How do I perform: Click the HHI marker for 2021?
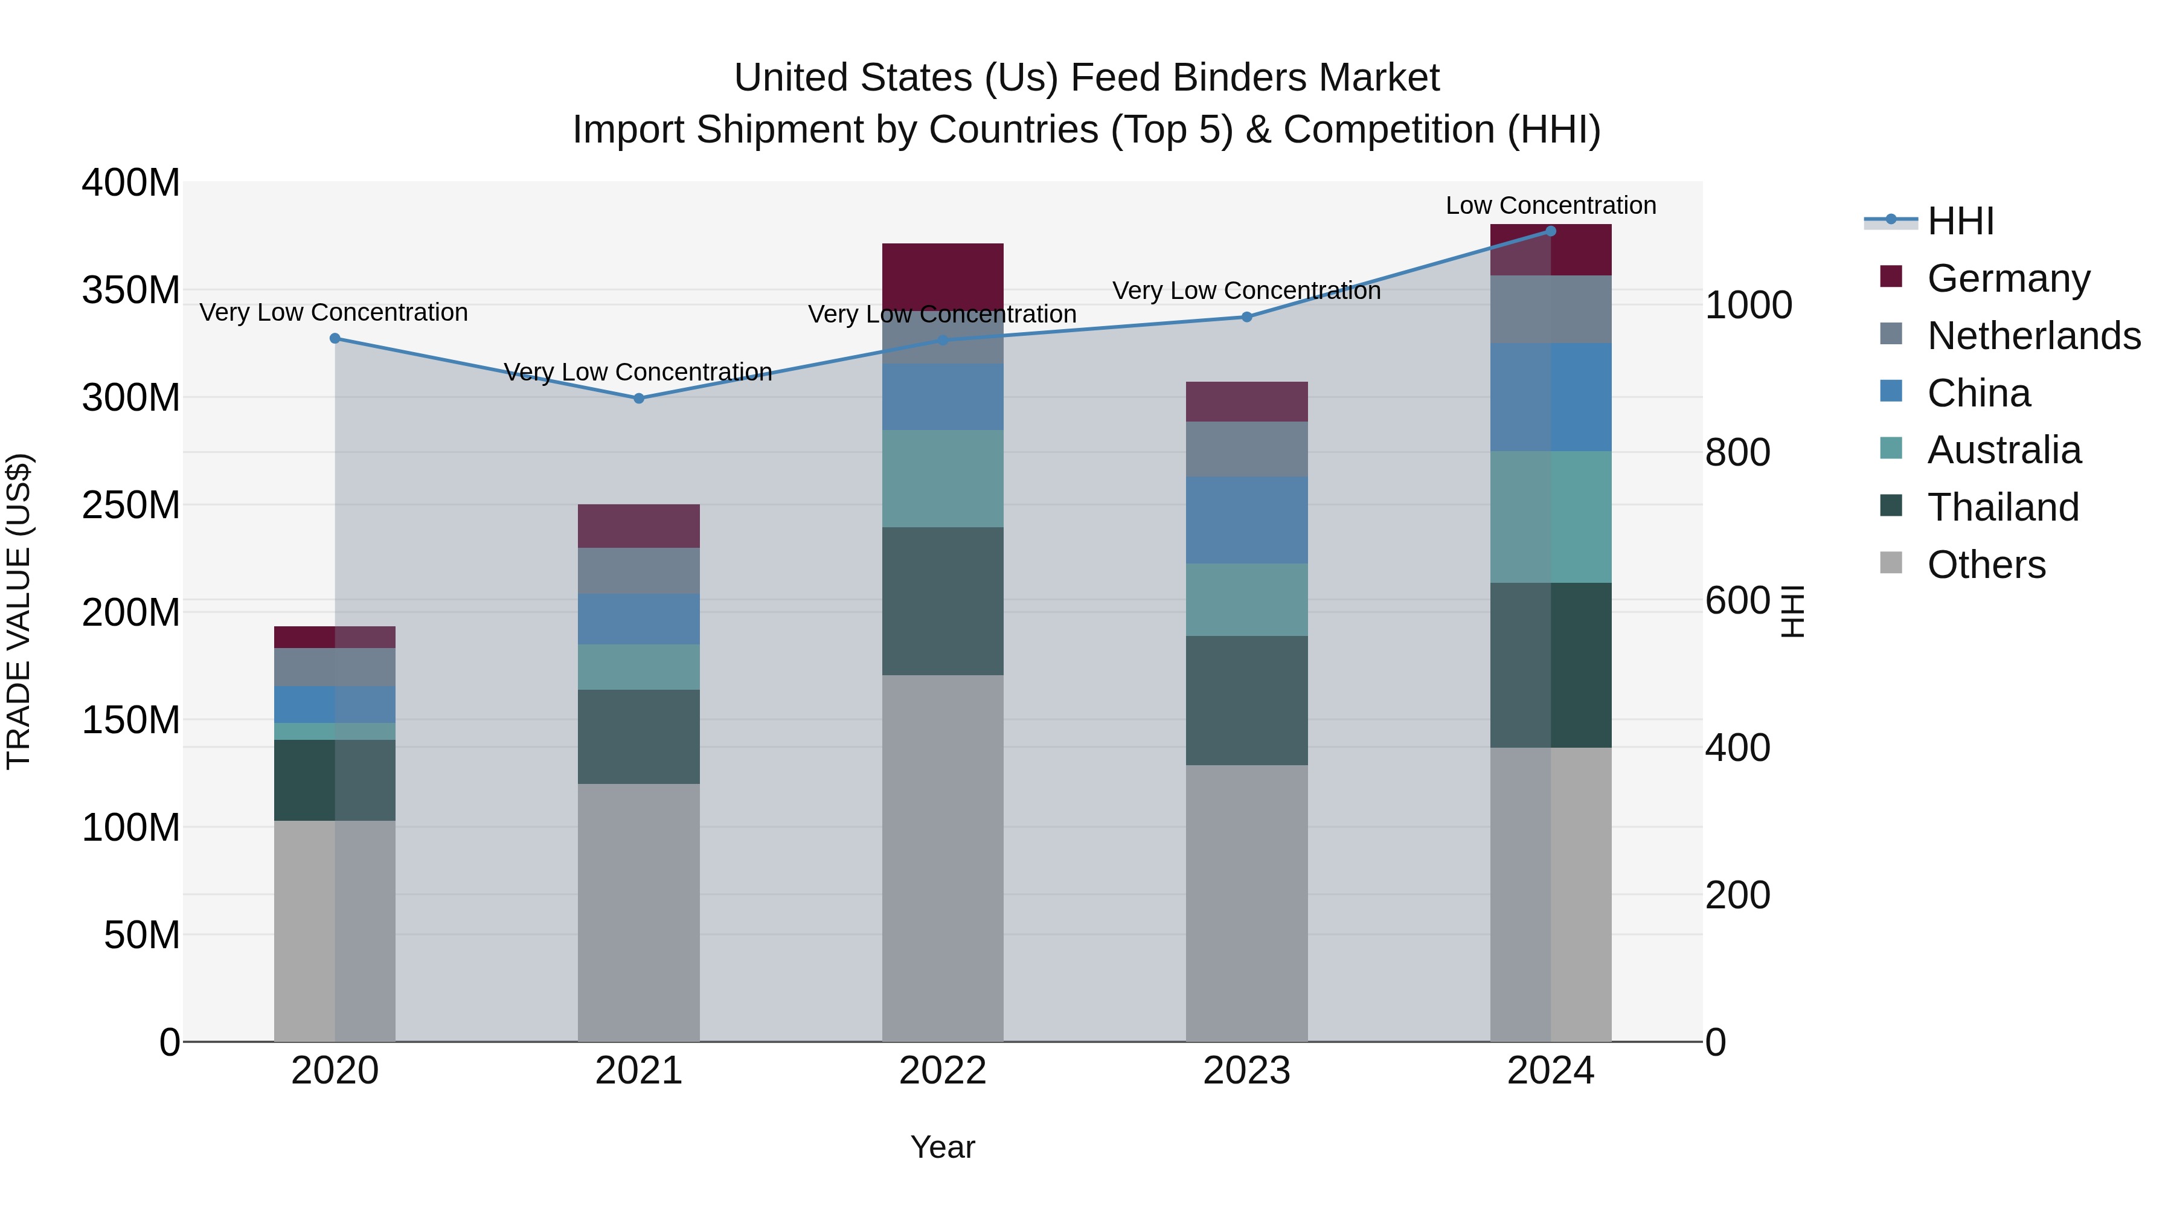coord(639,399)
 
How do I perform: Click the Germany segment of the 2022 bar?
coord(943,276)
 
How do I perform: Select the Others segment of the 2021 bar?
coord(639,911)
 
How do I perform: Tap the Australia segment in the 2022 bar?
coord(943,478)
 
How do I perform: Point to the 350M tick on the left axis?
coord(131,289)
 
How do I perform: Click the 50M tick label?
coord(142,935)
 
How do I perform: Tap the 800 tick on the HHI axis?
coord(1737,452)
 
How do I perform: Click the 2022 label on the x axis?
coord(943,1071)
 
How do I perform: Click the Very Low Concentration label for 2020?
coord(333,312)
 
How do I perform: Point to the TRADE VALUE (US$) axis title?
coord(19,611)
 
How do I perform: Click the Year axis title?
coord(943,1147)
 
